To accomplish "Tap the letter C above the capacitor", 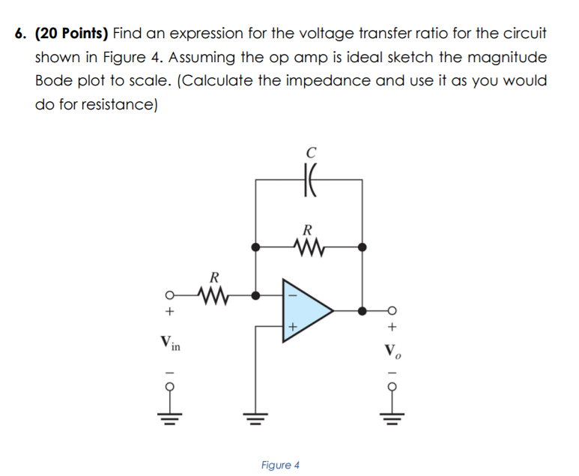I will [x=309, y=152].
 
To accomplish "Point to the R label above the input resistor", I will [x=214, y=277].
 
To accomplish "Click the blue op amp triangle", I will [x=304, y=310].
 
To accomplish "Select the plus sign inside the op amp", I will [x=292, y=327].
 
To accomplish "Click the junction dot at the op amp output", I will [x=363, y=310].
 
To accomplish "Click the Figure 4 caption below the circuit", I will [x=280, y=465].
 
